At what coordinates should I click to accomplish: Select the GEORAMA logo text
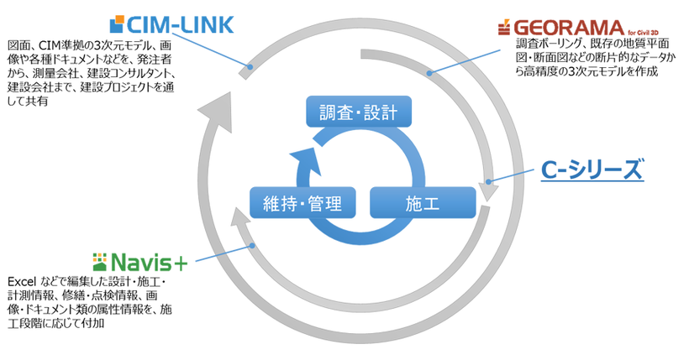571,26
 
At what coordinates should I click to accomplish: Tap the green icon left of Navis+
102,259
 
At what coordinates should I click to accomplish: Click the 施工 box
423,203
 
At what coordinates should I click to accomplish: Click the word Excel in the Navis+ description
22,281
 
